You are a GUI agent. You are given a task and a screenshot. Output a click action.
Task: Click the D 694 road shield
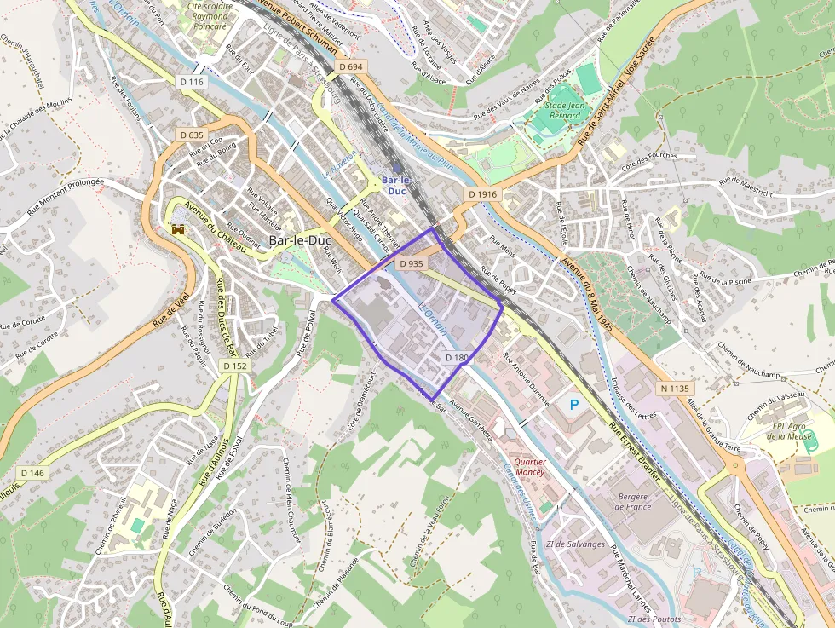350,66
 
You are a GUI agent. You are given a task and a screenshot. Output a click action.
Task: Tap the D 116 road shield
193,82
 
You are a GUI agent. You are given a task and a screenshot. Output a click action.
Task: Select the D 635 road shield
192,135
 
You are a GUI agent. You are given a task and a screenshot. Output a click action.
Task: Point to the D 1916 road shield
481,194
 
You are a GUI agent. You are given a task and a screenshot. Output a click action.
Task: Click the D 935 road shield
411,263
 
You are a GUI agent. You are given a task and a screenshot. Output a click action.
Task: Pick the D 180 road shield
456,358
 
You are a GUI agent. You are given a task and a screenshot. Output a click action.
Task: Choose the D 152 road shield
235,365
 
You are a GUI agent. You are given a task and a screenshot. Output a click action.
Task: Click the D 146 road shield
32,472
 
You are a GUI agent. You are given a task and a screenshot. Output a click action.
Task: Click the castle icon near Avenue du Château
178,229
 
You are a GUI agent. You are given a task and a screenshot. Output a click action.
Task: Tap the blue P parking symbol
574,405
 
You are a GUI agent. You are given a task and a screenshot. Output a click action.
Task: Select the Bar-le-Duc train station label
396,186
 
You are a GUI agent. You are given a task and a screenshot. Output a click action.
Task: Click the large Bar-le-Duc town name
300,240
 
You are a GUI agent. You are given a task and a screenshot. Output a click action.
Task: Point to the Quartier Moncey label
529,465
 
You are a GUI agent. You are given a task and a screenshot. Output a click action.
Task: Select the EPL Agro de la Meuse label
792,431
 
